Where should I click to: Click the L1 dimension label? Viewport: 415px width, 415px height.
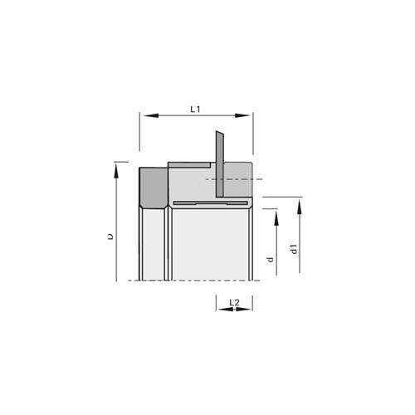pyautogui.click(x=195, y=110)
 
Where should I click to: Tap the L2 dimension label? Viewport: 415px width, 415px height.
pyautogui.click(x=234, y=303)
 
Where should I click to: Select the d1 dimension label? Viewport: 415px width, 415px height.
pyautogui.click(x=294, y=249)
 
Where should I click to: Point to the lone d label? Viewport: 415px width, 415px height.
pyautogui.click(x=270, y=260)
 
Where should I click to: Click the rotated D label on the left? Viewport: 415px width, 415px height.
pyautogui.click(x=110, y=237)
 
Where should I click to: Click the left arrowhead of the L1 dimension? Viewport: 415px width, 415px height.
pyautogui.click(x=151, y=115)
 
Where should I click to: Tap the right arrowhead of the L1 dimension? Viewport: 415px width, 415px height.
pyautogui.click(x=242, y=115)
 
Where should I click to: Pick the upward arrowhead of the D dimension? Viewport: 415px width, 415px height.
pyautogui.click(x=116, y=170)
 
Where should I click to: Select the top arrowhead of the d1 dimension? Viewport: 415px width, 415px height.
pyautogui.click(x=300, y=207)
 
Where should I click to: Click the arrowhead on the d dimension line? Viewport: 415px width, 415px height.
pyautogui.click(x=276, y=218)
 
